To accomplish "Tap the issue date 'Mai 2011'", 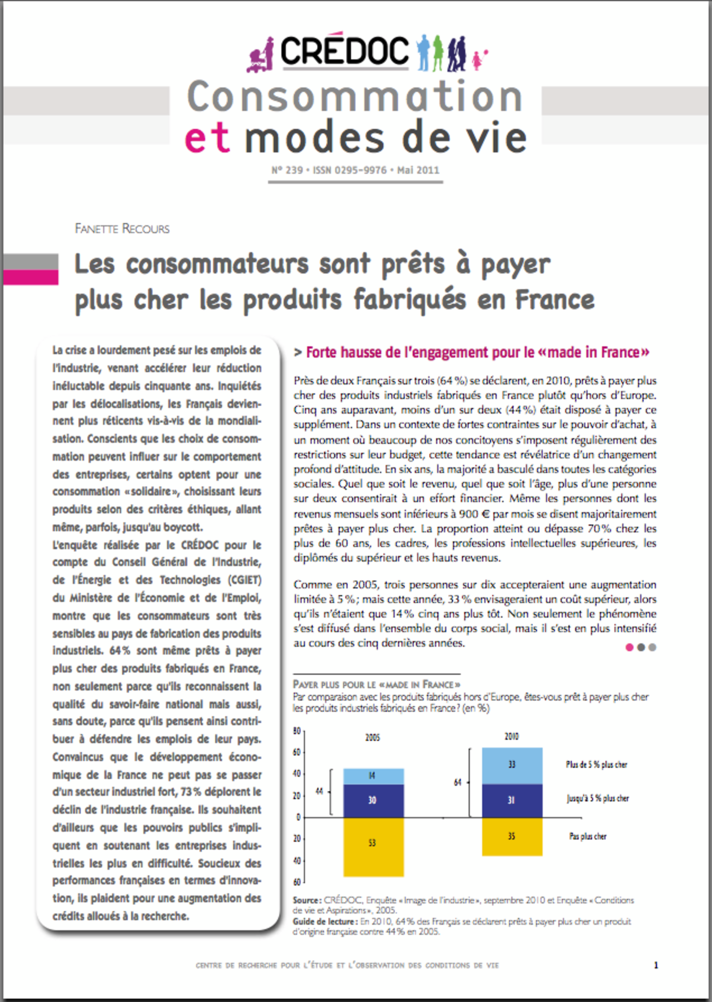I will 418,170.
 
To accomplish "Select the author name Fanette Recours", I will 122,229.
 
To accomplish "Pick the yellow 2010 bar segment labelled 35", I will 512,836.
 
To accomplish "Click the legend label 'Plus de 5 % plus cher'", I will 596,765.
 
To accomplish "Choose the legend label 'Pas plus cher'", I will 587,836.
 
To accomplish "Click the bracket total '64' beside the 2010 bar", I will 457,782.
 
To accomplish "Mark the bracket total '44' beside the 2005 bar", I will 319,791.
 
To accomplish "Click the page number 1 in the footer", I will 656,965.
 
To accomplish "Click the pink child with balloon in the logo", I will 478,60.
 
